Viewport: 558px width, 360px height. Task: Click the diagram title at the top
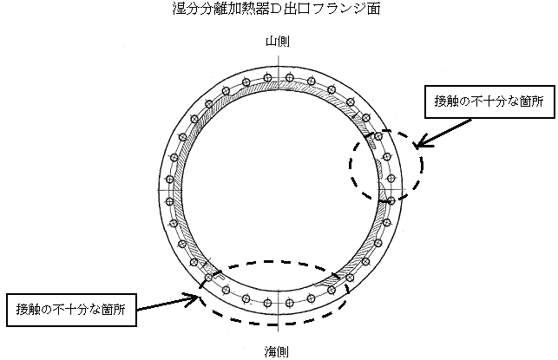[x=276, y=10]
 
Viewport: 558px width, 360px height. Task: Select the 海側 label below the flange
[x=278, y=350]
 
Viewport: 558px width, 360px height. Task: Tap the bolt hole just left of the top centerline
[x=266, y=78]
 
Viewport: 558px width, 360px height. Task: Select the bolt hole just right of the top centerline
[x=287, y=78]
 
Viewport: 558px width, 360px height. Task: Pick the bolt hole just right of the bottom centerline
[x=287, y=304]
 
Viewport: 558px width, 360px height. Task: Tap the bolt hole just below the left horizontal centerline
[x=167, y=201]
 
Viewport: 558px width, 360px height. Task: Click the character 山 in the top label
[x=272, y=42]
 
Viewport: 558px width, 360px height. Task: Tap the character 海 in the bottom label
[x=272, y=350]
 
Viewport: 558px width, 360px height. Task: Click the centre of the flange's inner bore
[x=276, y=190]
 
